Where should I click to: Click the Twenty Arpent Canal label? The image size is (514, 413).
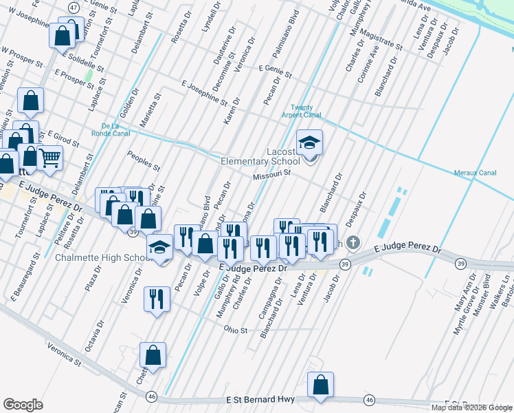point(306,111)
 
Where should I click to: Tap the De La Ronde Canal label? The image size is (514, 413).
point(111,129)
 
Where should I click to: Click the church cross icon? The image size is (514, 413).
point(353,243)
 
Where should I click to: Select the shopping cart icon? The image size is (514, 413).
point(50,158)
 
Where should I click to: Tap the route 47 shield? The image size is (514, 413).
point(74,6)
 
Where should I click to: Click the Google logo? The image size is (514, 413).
point(23,405)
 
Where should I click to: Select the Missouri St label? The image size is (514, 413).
point(272,175)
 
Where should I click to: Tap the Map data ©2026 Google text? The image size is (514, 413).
point(471,407)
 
